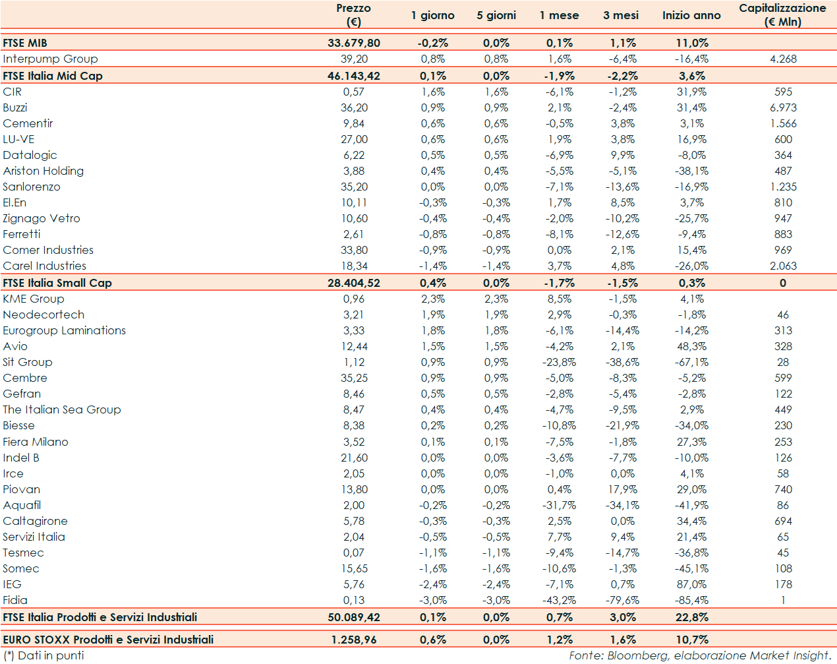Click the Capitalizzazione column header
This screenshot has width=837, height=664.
pos(782,15)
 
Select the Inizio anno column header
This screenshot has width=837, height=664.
pos(691,15)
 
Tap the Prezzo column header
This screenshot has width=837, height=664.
pos(354,15)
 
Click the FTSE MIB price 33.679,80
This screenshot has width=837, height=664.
pos(354,43)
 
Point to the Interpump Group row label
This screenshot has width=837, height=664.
pos(50,59)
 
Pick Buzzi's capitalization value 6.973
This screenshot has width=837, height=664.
pos(783,107)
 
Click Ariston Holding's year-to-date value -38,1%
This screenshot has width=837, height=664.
pos(691,171)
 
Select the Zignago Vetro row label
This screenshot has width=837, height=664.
pos(42,218)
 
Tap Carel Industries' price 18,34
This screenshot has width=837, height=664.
pos(354,266)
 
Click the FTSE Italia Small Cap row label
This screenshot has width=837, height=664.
pos(57,283)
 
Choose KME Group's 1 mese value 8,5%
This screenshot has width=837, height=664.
pos(560,299)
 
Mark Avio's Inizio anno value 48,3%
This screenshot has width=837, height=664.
pos(691,346)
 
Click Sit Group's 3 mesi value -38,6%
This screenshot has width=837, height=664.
pos(622,362)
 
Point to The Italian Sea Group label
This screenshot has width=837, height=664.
pos(62,409)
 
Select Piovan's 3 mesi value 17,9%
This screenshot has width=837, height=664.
pos(622,489)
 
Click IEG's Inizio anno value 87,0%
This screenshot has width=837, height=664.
pos(691,584)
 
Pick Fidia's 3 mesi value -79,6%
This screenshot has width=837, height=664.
pos(622,600)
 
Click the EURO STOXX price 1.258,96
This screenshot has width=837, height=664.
pos(354,640)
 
